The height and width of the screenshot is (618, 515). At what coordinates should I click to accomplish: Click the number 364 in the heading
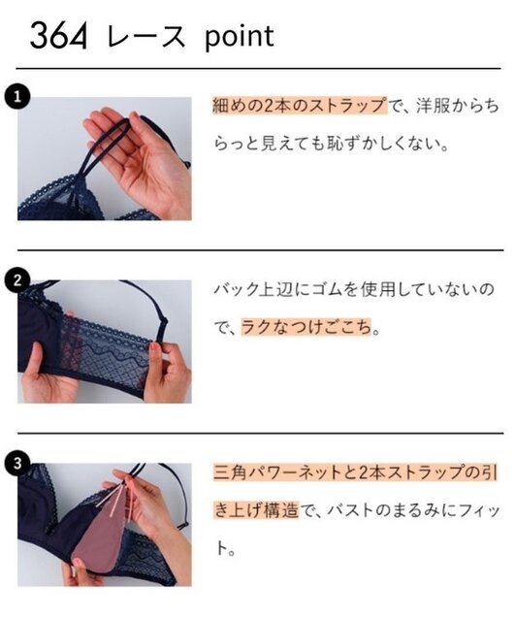pos(59,37)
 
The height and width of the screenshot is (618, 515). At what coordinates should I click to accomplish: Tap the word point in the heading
pos(239,36)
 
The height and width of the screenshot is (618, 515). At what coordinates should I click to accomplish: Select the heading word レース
pos(147,37)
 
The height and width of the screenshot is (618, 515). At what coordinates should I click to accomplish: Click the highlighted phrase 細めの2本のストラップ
pos(298,105)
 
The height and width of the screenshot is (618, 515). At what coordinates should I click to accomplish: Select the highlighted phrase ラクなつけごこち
pos(303,328)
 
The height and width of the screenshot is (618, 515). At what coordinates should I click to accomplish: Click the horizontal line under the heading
pos(257,69)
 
